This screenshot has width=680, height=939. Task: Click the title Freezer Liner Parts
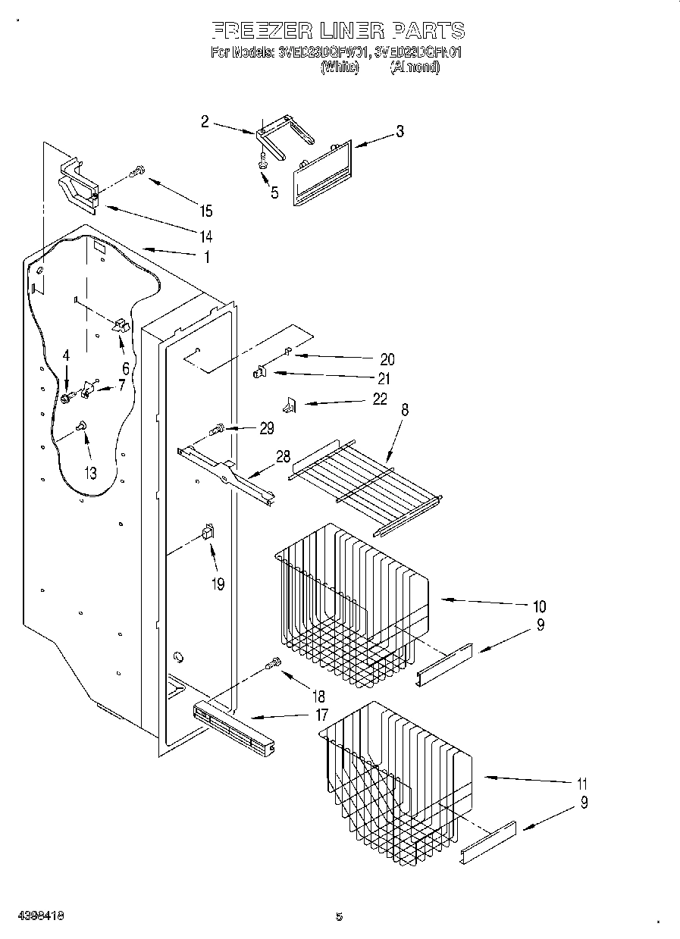pyautogui.click(x=337, y=31)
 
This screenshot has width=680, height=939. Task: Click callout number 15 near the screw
pyautogui.click(x=205, y=211)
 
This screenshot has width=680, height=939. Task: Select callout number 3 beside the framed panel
pyautogui.click(x=400, y=132)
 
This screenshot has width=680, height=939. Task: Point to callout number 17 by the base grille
pyautogui.click(x=321, y=714)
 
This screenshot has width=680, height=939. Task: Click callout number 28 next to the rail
pyautogui.click(x=283, y=456)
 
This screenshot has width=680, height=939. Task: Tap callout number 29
pyautogui.click(x=266, y=428)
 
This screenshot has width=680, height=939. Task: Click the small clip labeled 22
pyautogui.click(x=289, y=406)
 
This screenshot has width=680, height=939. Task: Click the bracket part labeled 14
pyautogui.click(x=79, y=184)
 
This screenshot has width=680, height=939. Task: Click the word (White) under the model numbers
pyautogui.click(x=339, y=67)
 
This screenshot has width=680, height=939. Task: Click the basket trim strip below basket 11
pyautogui.click(x=488, y=841)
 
